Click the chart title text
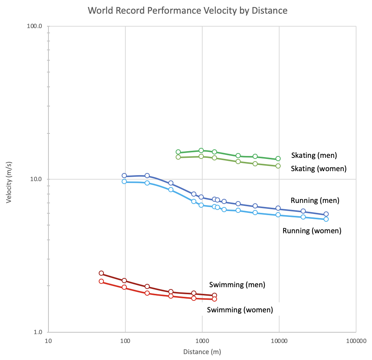[x=187, y=10]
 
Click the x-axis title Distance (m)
[x=202, y=352]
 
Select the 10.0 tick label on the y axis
[x=37, y=179]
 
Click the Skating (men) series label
[x=314, y=155]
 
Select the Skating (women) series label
[x=318, y=169]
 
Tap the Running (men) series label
[x=315, y=201]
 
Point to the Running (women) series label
[x=312, y=231]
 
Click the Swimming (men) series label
[x=237, y=285]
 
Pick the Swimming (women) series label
[x=240, y=310]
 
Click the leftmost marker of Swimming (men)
[x=101, y=273]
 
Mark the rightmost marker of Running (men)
[x=326, y=214]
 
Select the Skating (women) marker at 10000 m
[x=278, y=166]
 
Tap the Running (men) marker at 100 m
[x=124, y=176]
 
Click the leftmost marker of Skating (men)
[x=178, y=152]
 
